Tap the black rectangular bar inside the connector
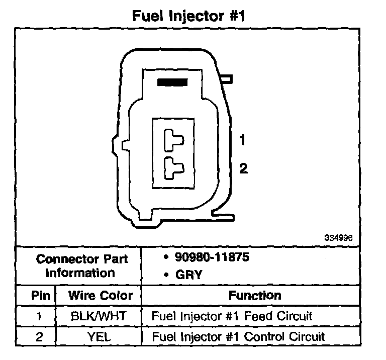tap(172, 82)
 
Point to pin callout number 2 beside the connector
tap(243, 169)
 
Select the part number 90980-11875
tap(212, 257)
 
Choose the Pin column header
tap(41, 295)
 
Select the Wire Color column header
tap(101, 295)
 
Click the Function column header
tap(255, 295)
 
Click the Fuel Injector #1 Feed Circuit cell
tap(232, 316)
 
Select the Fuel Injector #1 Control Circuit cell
tap(238, 336)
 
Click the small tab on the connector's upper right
tap(227, 78)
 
